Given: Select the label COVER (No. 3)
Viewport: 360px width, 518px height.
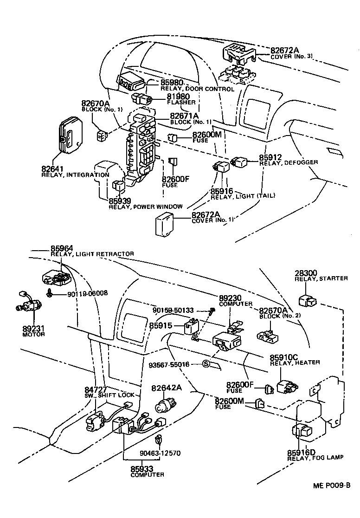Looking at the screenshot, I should coord(292,56).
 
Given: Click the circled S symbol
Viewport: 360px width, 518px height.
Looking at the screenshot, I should coord(207,364).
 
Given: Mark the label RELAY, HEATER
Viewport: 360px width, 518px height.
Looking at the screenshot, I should coord(295,363).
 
